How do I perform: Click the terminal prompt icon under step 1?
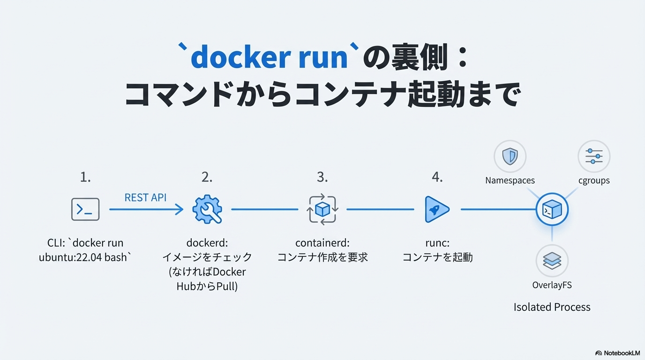point(85,210)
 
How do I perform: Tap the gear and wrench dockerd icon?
point(207,210)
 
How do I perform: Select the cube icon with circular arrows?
point(322,210)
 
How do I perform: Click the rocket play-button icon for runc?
point(436,210)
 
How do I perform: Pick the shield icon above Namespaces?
point(510,157)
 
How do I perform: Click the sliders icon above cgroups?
point(594,157)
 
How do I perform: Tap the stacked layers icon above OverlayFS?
point(552,261)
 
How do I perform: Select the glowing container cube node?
point(552,210)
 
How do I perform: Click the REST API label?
point(145,197)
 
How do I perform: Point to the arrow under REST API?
point(146,210)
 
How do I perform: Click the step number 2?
point(207,177)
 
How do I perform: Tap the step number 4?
point(437,177)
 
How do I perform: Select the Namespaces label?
point(510,180)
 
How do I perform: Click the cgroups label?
point(594,181)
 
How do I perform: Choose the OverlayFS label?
point(552,285)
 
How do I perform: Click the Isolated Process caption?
point(552,307)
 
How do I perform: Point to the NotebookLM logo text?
point(622,353)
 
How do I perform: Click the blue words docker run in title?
point(269,58)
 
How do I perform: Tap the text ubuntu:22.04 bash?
point(83,257)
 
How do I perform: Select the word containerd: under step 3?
point(322,243)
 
